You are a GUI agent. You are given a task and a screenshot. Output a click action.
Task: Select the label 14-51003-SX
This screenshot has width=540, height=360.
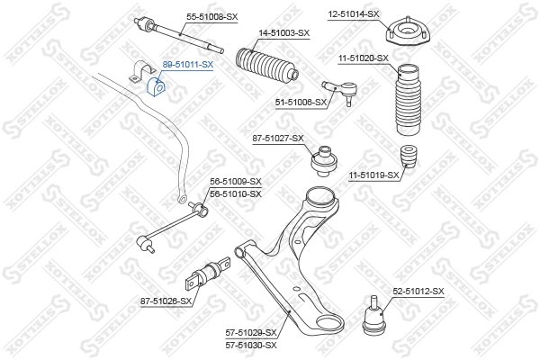point(283,32)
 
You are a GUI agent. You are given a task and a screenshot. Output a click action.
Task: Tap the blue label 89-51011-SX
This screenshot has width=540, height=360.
point(187,65)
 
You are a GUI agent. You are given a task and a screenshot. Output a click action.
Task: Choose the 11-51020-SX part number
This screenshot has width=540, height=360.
point(363,58)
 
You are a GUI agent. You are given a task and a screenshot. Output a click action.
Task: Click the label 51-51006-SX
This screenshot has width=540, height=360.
point(300,103)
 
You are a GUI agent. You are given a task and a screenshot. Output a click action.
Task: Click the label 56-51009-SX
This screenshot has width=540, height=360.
point(235,182)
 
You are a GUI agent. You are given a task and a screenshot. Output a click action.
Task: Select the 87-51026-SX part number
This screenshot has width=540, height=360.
point(167,301)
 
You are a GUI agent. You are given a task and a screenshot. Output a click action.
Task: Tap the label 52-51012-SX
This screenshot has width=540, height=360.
point(418,291)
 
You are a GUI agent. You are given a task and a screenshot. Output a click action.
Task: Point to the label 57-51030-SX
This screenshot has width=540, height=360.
point(251,345)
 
